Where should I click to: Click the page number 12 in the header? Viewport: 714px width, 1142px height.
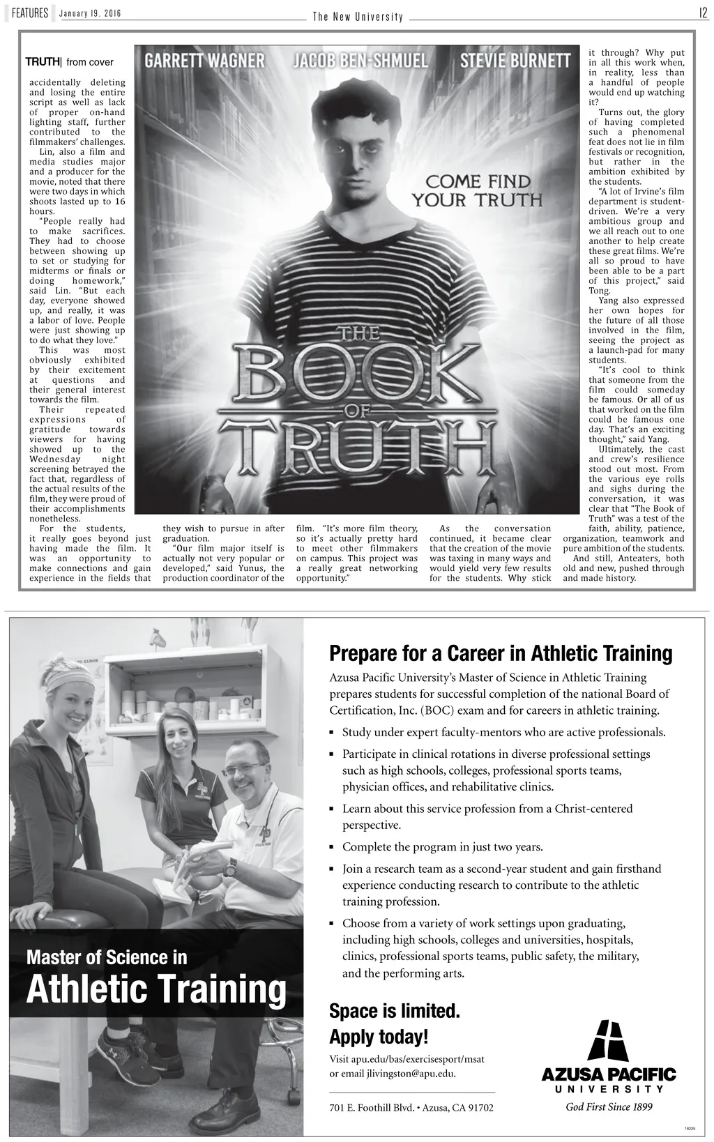(704, 13)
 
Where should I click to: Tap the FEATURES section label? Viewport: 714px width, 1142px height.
(29, 13)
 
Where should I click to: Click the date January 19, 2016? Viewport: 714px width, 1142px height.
(90, 14)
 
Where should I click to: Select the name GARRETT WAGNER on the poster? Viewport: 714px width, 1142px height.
(204, 61)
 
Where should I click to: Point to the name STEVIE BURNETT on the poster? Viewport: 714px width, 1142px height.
(515, 61)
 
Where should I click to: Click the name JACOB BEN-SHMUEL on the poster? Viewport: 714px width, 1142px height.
(360, 61)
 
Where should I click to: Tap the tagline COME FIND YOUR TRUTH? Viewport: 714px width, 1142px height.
(478, 191)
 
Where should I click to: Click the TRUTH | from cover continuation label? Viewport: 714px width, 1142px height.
(69, 63)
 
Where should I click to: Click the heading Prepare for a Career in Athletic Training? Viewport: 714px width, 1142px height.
(500, 654)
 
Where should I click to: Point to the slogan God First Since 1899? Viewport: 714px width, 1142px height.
(609, 1106)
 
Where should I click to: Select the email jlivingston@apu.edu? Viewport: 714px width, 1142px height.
(411, 1073)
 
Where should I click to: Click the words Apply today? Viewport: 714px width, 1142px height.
(379, 1037)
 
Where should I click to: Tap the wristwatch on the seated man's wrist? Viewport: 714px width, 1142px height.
(231, 867)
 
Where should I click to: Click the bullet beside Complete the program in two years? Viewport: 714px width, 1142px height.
(332, 848)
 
